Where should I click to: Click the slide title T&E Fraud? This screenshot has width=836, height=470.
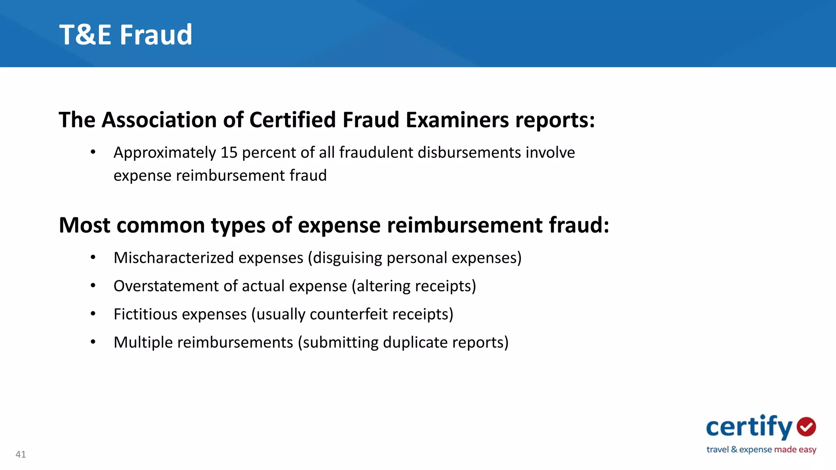[126, 35]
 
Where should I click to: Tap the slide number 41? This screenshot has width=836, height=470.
[21, 454]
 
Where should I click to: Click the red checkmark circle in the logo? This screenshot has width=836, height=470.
[806, 427]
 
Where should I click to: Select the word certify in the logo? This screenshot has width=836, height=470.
[749, 427]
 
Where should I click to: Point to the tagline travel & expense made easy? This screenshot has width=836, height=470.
[761, 450]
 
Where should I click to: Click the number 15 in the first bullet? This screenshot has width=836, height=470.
[229, 153]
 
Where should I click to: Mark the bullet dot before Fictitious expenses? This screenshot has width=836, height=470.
[93, 314]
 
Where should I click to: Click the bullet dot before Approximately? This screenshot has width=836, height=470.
[93, 152]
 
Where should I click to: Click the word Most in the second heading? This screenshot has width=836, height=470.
[84, 225]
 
